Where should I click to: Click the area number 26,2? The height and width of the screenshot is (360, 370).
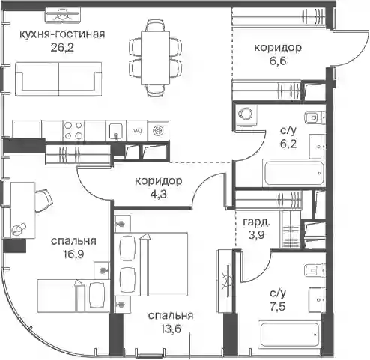tap(62, 47)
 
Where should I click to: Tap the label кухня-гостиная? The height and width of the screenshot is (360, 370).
tap(62, 34)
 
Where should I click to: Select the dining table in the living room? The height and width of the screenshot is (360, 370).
tap(155, 58)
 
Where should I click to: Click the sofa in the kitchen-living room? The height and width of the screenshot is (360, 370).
tap(58, 79)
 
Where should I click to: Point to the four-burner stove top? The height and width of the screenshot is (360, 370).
tap(73, 131)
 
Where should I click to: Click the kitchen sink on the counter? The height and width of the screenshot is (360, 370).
tap(115, 131)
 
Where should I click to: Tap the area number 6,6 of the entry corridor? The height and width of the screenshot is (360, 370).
tap(278, 61)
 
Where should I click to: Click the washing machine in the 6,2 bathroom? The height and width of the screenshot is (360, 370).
tap(246, 117)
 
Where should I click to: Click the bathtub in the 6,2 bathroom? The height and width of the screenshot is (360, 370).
tap(294, 174)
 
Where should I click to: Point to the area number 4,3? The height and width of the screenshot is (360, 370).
tap(158, 194)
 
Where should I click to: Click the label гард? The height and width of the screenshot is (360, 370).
tap(256, 222)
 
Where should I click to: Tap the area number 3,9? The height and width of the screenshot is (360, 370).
tap(256, 234)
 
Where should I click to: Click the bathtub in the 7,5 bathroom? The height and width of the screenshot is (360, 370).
tap(290, 334)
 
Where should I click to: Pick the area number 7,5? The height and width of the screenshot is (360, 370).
tap(278, 307)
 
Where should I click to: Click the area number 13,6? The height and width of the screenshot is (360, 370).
tap(171, 329)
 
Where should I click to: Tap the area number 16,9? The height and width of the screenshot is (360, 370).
tap(73, 254)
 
